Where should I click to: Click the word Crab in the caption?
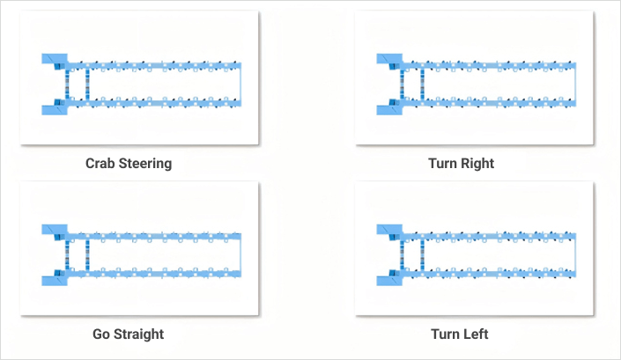(x=100, y=163)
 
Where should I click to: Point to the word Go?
(x=102, y=334)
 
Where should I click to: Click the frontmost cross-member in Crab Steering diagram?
(x=68, y=84)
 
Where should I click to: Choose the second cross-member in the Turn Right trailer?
(x=423, y=84)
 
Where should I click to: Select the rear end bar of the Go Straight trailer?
(x=241, y=254)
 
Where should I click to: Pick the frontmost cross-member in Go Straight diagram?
(x=68, y=255)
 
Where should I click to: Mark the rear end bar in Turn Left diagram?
(x=576, y=254)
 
